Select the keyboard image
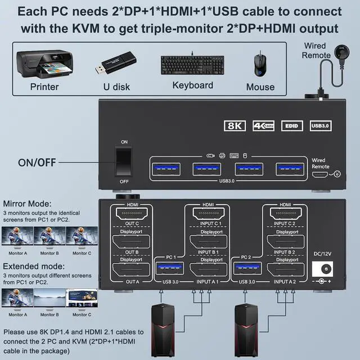pos(192,64)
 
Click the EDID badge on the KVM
pos(289,126)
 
